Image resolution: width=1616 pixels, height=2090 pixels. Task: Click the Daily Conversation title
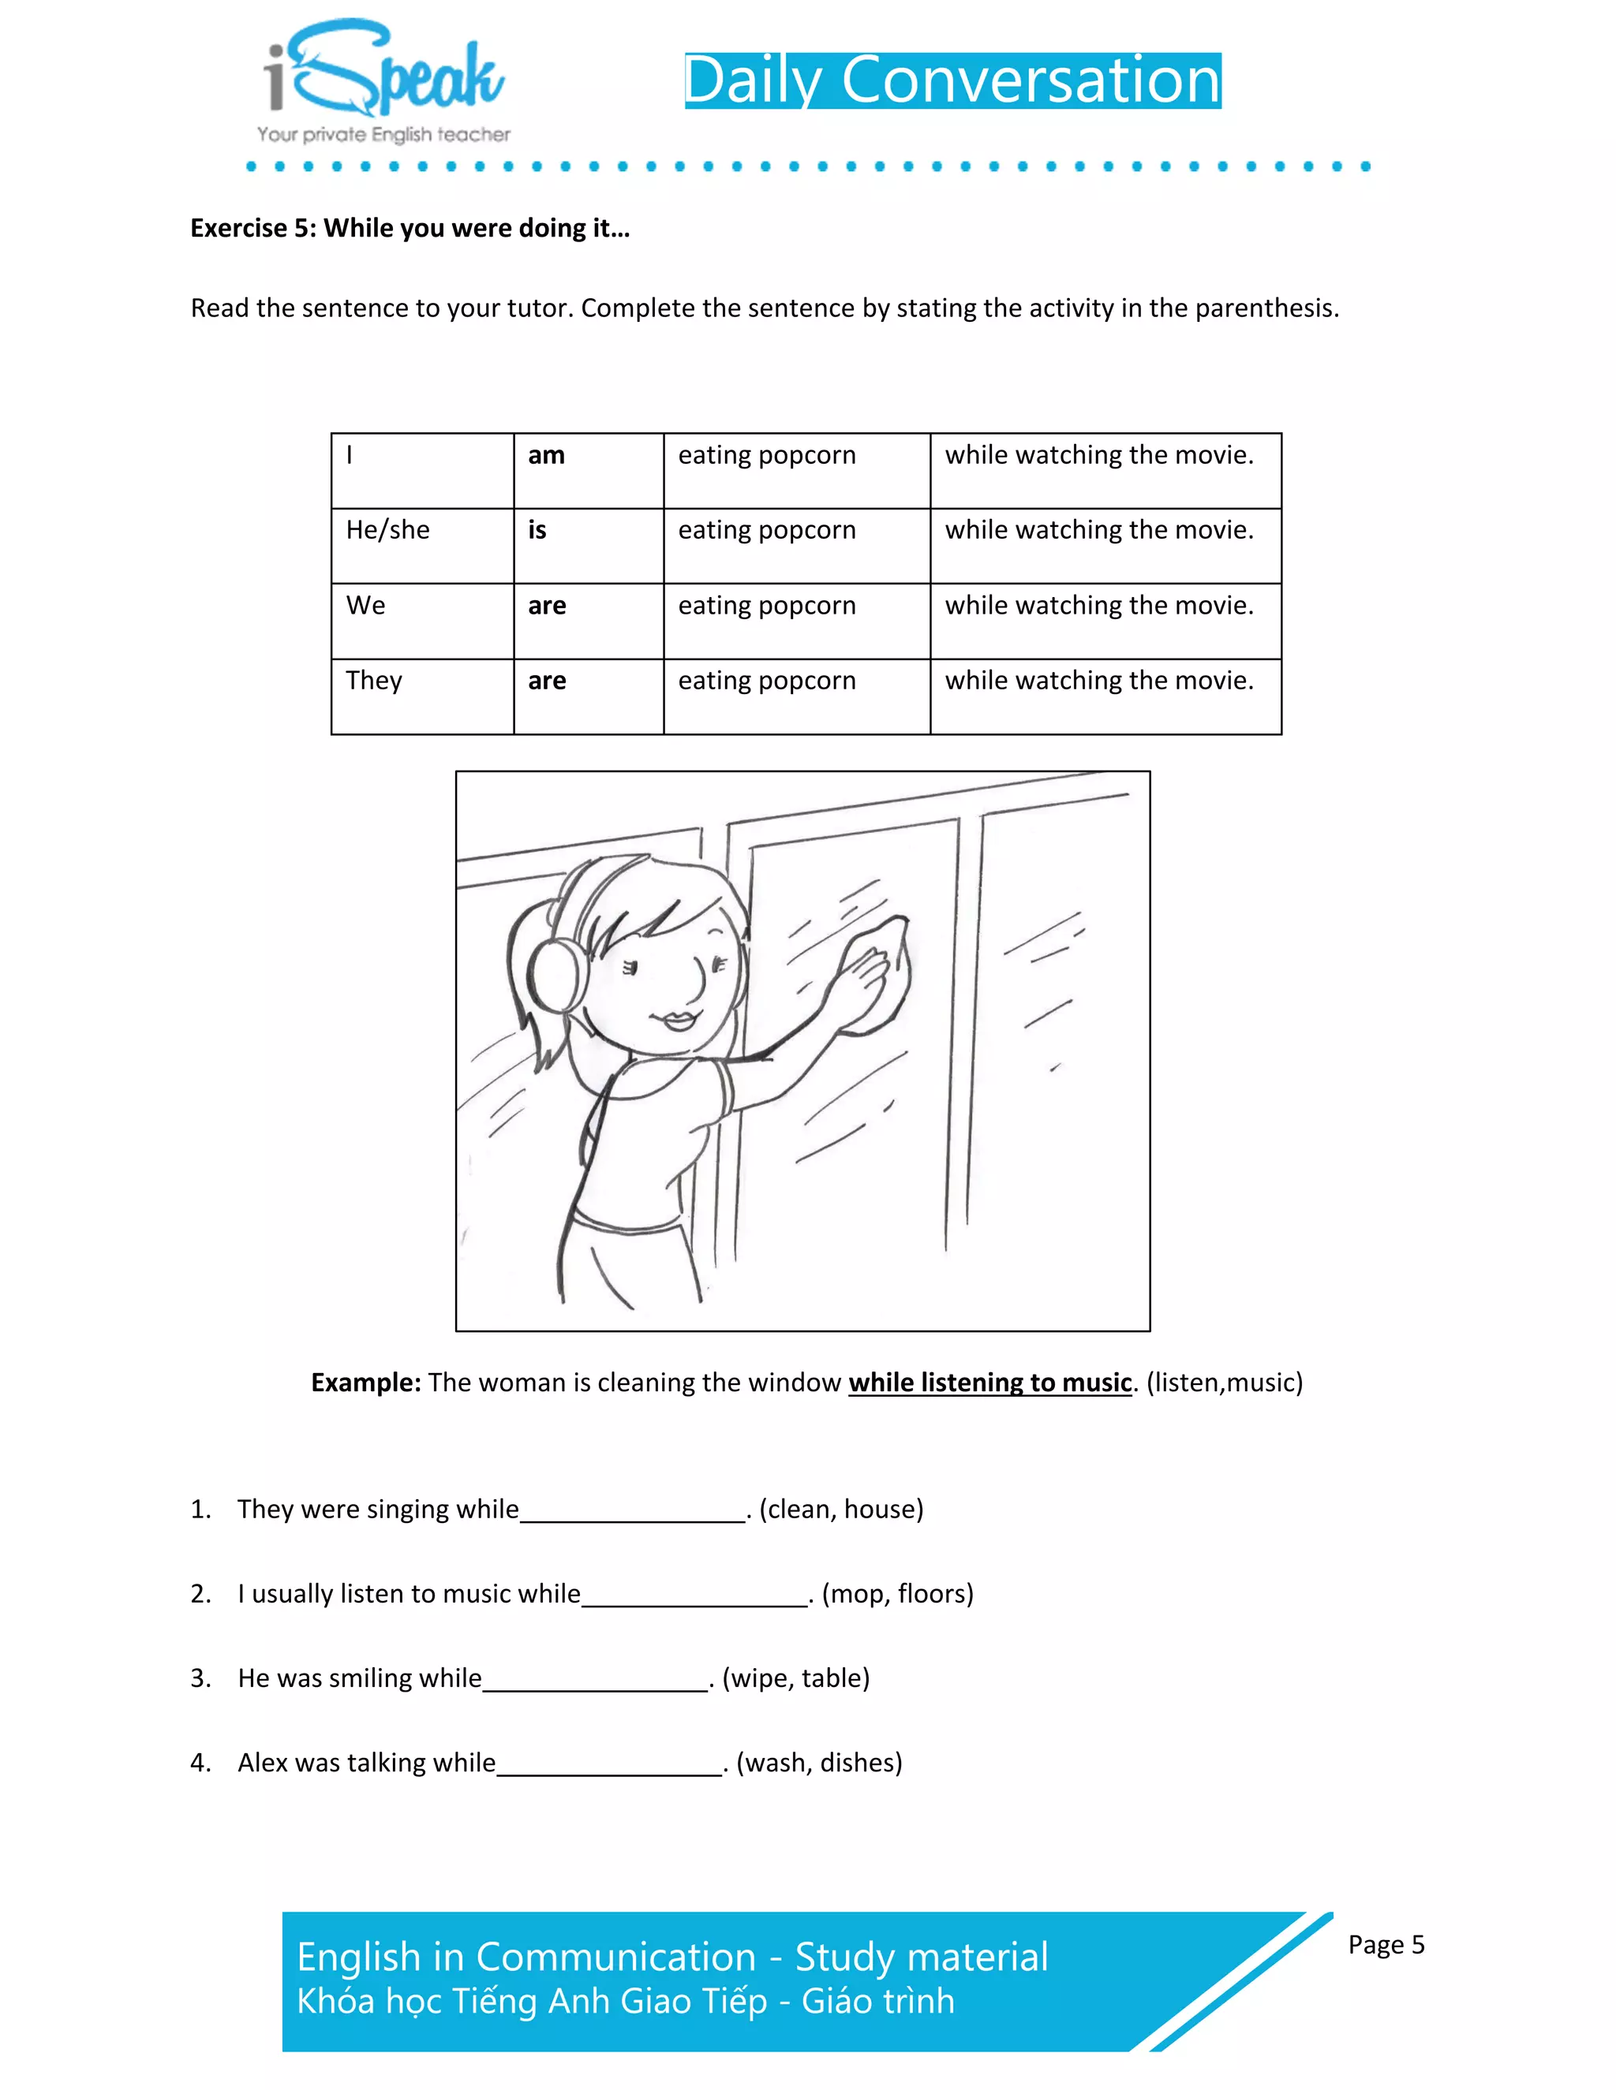click(x=952, y=80)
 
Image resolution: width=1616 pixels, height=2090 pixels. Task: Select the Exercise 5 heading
click(x=410, y=229)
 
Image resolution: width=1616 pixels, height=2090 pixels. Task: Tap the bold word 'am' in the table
click(x=546, y=456)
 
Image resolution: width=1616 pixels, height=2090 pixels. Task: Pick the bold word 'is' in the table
click(x=537, y=530)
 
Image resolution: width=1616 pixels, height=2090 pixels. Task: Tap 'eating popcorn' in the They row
click(x=767, y=681)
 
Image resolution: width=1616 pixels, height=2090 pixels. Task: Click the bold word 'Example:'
click(x=365, y=1383)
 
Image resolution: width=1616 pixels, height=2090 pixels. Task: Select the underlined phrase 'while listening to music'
click(x=990, y=1383)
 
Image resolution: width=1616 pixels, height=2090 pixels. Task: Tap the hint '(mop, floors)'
click(x=897, y=1594)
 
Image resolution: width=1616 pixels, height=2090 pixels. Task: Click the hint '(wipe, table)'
click(x=795, y=1678)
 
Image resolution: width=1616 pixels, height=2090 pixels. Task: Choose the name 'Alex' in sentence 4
click(x=260, y=1763)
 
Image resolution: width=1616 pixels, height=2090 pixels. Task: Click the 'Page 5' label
click(x=1386, y=1945)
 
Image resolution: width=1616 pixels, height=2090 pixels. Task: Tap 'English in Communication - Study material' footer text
click(x=672, y=1957)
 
